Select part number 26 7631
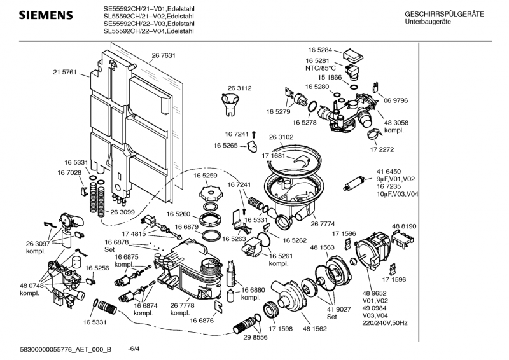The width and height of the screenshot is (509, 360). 164,56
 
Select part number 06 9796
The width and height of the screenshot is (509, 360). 395,100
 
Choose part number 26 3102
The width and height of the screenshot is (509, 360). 281,137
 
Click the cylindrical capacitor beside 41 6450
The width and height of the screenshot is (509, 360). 354,186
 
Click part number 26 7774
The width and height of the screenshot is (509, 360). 323,223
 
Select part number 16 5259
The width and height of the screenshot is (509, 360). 206,175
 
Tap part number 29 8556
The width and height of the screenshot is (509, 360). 254,337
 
